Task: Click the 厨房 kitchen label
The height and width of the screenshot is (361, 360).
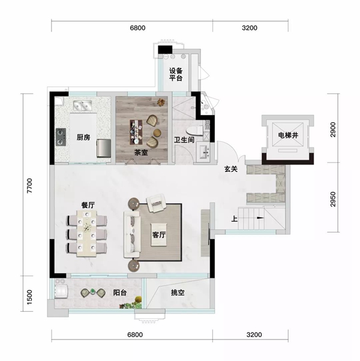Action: point(83,137)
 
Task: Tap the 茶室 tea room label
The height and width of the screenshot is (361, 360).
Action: point(141,152)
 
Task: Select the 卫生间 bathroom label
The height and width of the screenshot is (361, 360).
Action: point(184,140)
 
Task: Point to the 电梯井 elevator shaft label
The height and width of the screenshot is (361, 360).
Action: point(288,135)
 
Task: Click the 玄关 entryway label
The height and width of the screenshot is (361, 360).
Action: point(231,169)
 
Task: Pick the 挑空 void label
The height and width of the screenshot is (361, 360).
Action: point(178,293)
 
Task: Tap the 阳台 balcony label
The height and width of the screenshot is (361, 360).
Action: point(120,293)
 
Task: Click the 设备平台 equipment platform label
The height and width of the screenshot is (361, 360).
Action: point(176,74)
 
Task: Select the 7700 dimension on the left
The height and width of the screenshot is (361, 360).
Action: point(30,185)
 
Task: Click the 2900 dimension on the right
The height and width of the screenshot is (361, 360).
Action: point(333,130)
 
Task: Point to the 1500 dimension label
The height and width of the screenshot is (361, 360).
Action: point(30,297)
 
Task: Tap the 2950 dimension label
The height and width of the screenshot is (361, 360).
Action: point(333,199)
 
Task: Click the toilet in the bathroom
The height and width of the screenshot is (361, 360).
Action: point(195,131)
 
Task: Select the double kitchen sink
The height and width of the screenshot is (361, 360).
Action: point(83,106)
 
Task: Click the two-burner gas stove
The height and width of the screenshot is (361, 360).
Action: point(61,137)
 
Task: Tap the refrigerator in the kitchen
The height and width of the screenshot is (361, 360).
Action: point(104,148)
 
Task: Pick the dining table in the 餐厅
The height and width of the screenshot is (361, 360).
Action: point(86,233)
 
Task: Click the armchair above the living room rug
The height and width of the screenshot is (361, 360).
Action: point(157,202)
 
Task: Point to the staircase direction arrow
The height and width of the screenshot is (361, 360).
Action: point(260,218)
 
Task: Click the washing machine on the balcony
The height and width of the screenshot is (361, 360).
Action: point(61,291)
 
